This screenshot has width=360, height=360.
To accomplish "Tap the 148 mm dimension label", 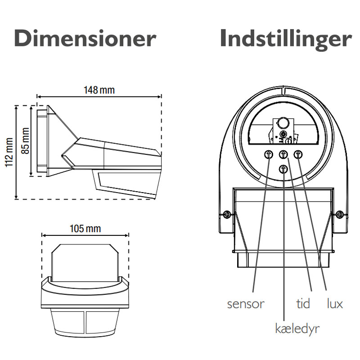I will pyautogui.click(x=99, y=90).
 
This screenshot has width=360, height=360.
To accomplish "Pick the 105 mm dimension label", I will pyautogui.click(x=85, y=228).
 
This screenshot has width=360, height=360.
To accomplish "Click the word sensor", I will pyautogui.click(x=245, y=304).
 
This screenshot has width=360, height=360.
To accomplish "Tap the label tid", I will pyautogui.click(x=303, y=304).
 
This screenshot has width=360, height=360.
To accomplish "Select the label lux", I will pyautogui.click(x=334, y=304).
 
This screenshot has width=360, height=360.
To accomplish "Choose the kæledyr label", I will pyautogui.click(x=297, y=328).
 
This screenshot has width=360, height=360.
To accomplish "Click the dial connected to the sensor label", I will pyautogui.click(x=269, y=154).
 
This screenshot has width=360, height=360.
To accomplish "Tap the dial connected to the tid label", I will pyautogui.click(x=283, y=154).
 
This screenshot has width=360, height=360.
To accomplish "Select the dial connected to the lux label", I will pyautogui.click(x=298, y=154).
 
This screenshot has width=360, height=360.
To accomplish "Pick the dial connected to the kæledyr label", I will pyautogui.click(x=283, y=169).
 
